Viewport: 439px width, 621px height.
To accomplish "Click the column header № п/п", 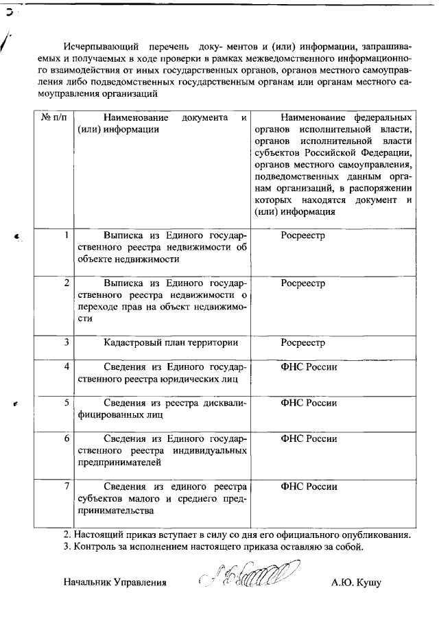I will (x=54, y=119).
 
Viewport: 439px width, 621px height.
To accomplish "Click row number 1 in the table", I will (x=66, y=235).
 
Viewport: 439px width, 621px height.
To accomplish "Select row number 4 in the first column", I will (x=66, y=366).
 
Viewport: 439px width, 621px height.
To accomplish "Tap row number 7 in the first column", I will (x=66, y=486).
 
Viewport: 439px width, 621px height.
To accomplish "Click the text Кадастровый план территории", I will (x=171, y=342).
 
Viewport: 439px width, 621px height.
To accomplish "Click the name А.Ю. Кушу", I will (x=355, y=583).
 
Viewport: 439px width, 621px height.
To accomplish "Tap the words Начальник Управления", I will (x=115, y=583).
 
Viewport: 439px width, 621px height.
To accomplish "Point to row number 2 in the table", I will (x=66, y=283).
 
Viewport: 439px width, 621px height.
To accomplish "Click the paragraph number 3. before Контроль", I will (x=67, y=547).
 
